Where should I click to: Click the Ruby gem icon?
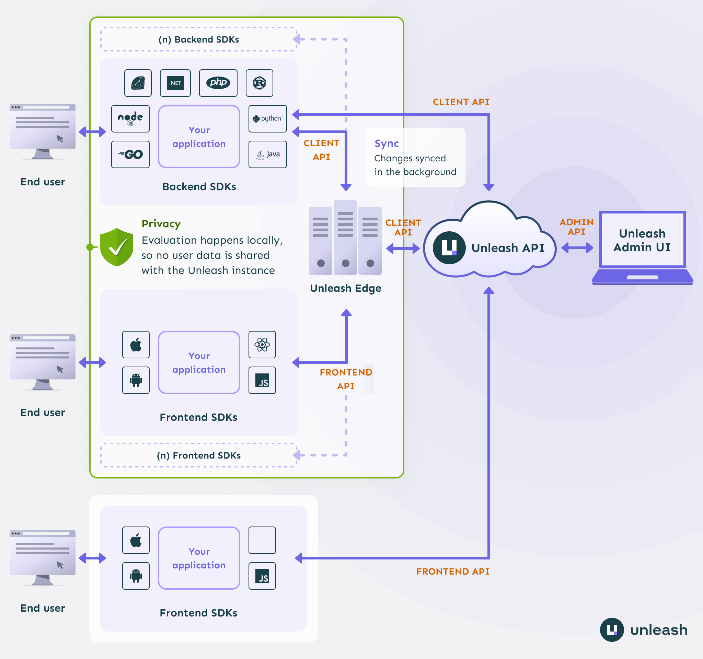point(138,83)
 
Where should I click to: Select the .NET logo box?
point(175,83)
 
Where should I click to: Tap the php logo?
point(218,83)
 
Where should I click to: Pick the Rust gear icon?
point(259,83)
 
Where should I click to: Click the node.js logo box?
point(130,119)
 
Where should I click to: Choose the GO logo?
point(130,154)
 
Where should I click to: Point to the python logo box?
point(268,119)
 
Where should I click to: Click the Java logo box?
point(268,154)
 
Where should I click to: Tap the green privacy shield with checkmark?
point(117,247)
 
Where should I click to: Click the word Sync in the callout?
point(387,143)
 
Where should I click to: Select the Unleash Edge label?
point(345,288)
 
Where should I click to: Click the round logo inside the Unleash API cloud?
point(449,248)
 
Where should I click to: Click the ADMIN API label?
point(576,227)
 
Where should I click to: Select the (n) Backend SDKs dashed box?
point(199,39)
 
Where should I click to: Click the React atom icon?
point(262,345)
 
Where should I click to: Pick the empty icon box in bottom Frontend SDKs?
point(262,540)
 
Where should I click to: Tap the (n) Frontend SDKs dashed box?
point(199,455)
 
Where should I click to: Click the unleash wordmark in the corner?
point(658,630)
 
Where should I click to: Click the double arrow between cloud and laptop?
point(577,248)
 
